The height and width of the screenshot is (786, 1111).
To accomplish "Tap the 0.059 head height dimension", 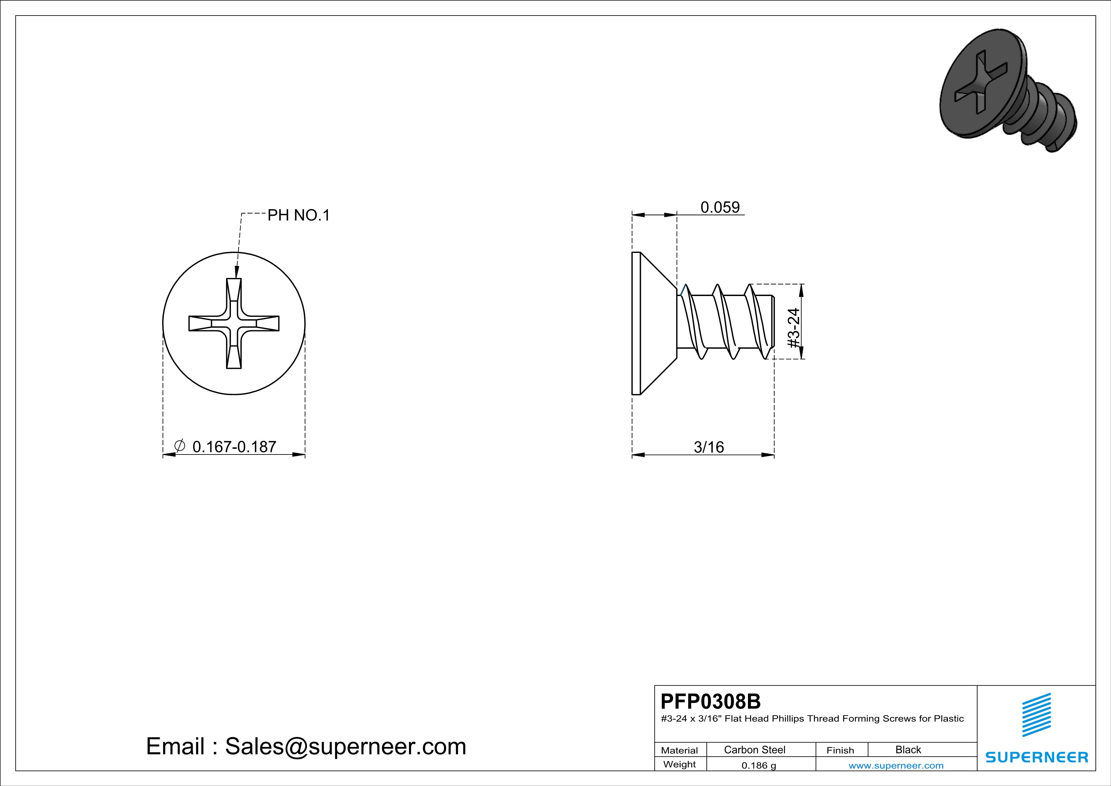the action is (720, 207).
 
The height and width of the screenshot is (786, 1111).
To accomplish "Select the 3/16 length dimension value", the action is (709, 447).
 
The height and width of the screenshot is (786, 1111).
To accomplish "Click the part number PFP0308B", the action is (710, 701).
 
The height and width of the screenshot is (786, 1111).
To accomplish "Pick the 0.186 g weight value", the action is (759, 765).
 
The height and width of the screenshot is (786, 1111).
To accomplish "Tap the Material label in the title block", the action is (680, 750).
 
